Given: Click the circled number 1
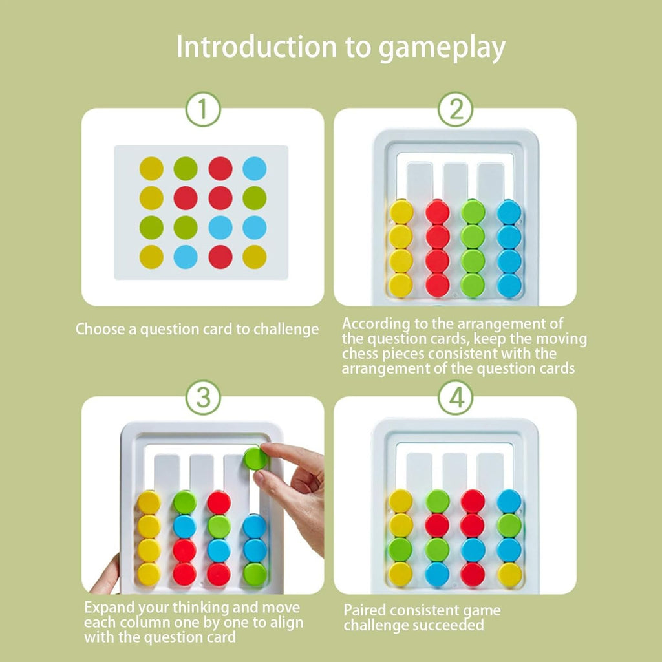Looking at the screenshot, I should [x=203, y=111].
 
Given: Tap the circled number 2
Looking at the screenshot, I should [x=456, y=111].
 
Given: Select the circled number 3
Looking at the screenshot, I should [x=203, y=398].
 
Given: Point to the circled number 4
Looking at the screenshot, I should [x=456, y=398].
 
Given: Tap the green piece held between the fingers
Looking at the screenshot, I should [x=256, y=458].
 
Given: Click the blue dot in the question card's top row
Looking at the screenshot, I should [x=254, y=169].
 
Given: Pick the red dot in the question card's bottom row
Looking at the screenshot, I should [x=220, y=257].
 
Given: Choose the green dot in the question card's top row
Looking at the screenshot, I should [x=186, y=169].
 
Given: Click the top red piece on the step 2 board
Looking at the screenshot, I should [x=438, y=212].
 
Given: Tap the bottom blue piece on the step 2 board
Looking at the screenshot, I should [x=509, y=285].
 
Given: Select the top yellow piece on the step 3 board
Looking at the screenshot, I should [x=149, y=502].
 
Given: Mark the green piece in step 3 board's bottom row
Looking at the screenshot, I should [x=255, y=574].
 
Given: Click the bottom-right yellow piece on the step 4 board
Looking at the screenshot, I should [x=509, y=574].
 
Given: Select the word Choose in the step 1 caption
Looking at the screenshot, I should [x=98, y=329].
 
